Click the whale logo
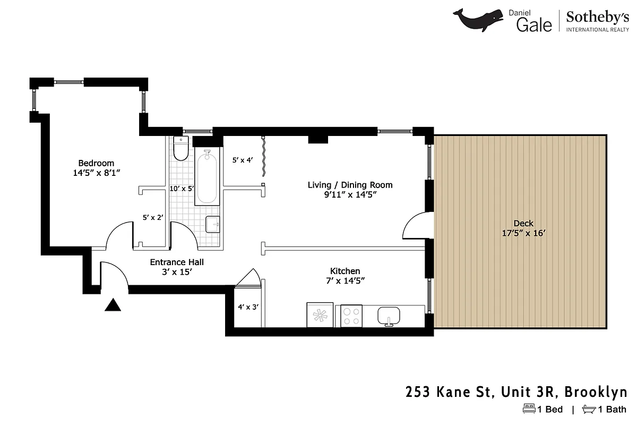(x=478, y=20)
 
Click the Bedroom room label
(x=96, y=163)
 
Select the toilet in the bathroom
(x=181, y=149)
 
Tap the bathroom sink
(x=213, y=224)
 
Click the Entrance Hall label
(x=177, y=262)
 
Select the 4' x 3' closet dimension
(x=247, y=307)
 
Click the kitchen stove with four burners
(x=351, y=316)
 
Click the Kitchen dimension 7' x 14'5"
(x=345, y=280)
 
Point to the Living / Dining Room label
(x=350, y=185)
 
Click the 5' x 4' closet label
(x=242, y=159)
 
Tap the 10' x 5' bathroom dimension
(x=182, y=189)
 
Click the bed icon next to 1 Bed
(x=529, y=409)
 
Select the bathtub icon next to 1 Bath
(x=589, y=409)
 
